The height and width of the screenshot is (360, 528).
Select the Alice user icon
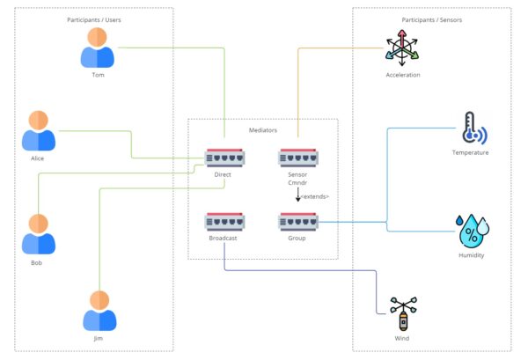tap(38, 131)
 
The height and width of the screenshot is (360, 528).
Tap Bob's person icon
tap(38, 234)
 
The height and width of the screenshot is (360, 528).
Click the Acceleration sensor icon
tap(402, 48)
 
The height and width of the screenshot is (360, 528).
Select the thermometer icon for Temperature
tap(472, 129)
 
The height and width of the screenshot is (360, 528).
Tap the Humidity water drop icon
tap(471, 231)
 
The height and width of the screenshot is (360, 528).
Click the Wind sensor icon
tap(402, 314)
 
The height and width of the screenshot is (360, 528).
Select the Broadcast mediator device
tap(223, 222)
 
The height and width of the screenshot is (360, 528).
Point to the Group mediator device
tap(297, 222)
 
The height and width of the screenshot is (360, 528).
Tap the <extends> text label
tap(314, 196)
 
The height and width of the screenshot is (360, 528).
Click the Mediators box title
tap(263, 129)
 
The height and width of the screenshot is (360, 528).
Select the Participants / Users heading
tap(95, 19)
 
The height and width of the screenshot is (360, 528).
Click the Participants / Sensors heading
tap(431, 19)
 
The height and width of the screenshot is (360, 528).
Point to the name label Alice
tap(38, 158)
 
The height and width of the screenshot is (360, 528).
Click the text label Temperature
tap(470, 152)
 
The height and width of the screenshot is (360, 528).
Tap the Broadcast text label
tap(223, 239)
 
